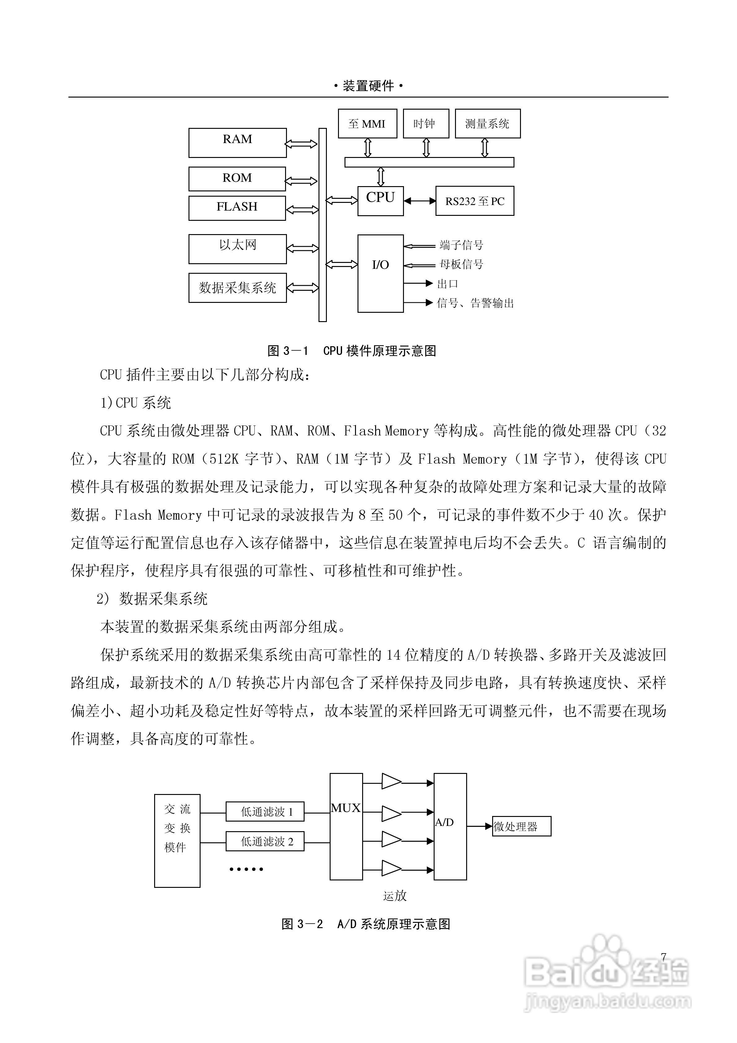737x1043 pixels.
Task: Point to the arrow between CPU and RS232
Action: pos(420,201)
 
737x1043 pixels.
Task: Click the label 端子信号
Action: pos(462,245)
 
